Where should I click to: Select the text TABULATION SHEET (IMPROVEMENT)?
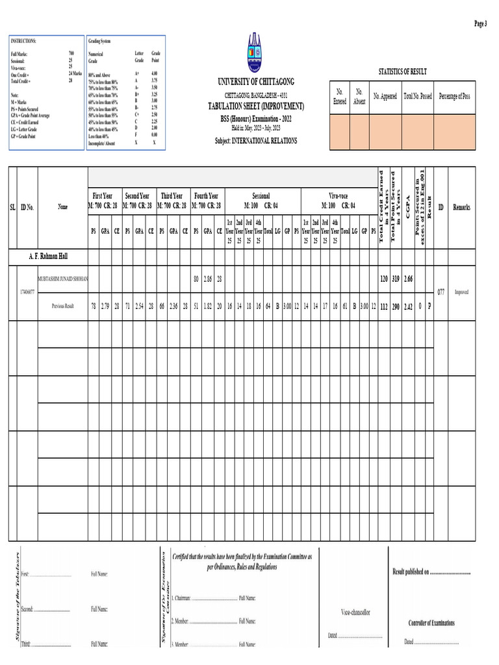click(255, 106)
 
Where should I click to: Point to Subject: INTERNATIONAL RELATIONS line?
click(256, 140)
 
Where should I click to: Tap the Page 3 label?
click(480, 23)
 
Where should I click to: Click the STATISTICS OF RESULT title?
click(402, 71)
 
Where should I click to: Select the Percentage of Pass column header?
click(455, 97)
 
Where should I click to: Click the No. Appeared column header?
click(385, 97)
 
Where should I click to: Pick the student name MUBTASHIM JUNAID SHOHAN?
click(63, 278)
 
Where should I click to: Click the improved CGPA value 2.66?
click(408, 279)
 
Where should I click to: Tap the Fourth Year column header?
click(206, 195)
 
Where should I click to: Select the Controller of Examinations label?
click(431, 623)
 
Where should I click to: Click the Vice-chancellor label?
click(355, 612)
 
